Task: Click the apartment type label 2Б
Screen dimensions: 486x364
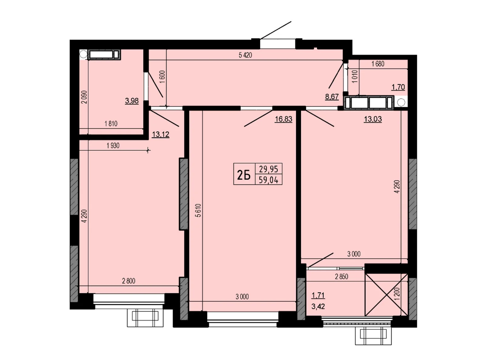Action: tap(244, 176)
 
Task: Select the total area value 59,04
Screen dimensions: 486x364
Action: tap(268, 180)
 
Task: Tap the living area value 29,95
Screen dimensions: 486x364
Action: tap(268, 169)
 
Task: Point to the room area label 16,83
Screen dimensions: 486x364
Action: tap(283, 119)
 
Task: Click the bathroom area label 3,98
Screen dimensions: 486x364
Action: tap(132, 101)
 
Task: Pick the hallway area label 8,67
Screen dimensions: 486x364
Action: tap(332, 96)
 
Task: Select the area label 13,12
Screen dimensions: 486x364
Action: tap(160, 134)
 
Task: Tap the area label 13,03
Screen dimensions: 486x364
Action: tap(373, 119)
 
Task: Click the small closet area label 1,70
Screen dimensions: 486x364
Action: tap(398, 87)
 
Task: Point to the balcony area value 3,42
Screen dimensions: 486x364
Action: tap(318, 306)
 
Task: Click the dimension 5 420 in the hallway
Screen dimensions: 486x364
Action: tap(245, 55)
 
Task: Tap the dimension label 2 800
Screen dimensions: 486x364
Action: tap(128, 281)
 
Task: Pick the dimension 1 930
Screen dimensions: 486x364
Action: tap(113, 146)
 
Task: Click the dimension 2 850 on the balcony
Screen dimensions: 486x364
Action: tap(341, 276)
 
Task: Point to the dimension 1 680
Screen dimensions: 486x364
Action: tap(378, 64)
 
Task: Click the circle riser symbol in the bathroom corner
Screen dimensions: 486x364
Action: tap(83, 54)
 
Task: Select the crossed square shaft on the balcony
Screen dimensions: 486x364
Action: tap(386, 295)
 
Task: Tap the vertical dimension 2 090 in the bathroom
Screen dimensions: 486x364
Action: tap(84, 97)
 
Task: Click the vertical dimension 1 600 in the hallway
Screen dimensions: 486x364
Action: tap(162, 76)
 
